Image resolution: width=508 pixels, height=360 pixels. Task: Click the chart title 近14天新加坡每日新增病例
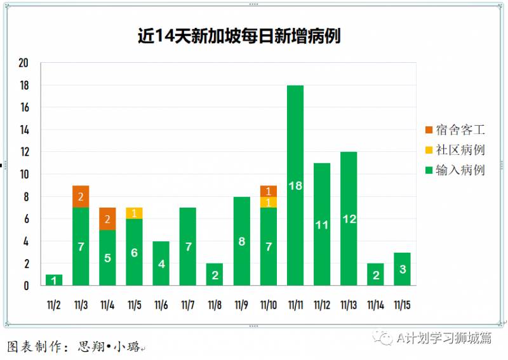(x=239, y=36)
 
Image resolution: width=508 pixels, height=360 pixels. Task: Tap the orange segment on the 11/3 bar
(x=81, y=196)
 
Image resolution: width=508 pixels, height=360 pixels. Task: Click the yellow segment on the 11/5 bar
(x=134, y=213)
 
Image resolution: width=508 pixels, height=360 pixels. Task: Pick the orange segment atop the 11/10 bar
(x=268, y=191)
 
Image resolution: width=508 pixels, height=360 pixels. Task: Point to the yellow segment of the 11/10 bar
(x=268, y=202)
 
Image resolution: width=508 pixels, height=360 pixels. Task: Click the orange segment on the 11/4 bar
(x=107, y=218)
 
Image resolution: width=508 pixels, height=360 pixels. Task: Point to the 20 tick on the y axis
(x=24, y=63)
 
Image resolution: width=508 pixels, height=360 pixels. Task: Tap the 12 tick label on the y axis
(x=24, y=152)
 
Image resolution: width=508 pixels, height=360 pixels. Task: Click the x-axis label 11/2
(x=54, y=305)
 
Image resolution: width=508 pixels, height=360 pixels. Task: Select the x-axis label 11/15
(x=402, y=305)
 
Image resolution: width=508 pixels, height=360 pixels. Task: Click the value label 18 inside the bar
(x=295, y=185)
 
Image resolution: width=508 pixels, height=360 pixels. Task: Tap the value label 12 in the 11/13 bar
(x=349, y=219)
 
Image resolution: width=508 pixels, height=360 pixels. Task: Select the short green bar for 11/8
(x=215, y=274)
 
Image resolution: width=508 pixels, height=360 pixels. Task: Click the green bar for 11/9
(x=241, y=241)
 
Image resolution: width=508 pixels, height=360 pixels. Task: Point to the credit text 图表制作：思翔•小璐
(x=73, y=347)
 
